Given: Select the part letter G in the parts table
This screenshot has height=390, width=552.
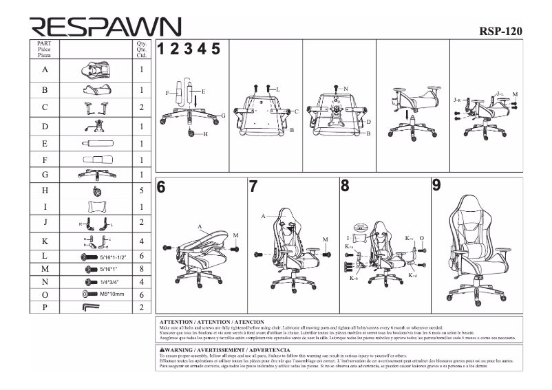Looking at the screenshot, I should click(45, 175).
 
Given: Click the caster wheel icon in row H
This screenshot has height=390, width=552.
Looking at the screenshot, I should click(96, 191).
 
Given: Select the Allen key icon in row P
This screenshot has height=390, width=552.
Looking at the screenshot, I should click(91, 307).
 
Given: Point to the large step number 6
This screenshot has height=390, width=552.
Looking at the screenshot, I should click(161, 187).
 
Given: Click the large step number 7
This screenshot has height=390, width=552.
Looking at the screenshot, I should click(253, 186).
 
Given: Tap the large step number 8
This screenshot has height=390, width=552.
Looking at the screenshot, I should click(345, 186).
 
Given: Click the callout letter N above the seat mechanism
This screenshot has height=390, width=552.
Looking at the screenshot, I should click(346, 88).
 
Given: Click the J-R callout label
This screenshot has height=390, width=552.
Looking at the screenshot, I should click(457, 100).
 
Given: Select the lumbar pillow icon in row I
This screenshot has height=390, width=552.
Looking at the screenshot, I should click(96, 206).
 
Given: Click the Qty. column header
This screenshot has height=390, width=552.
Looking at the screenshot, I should click(142, 43).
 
